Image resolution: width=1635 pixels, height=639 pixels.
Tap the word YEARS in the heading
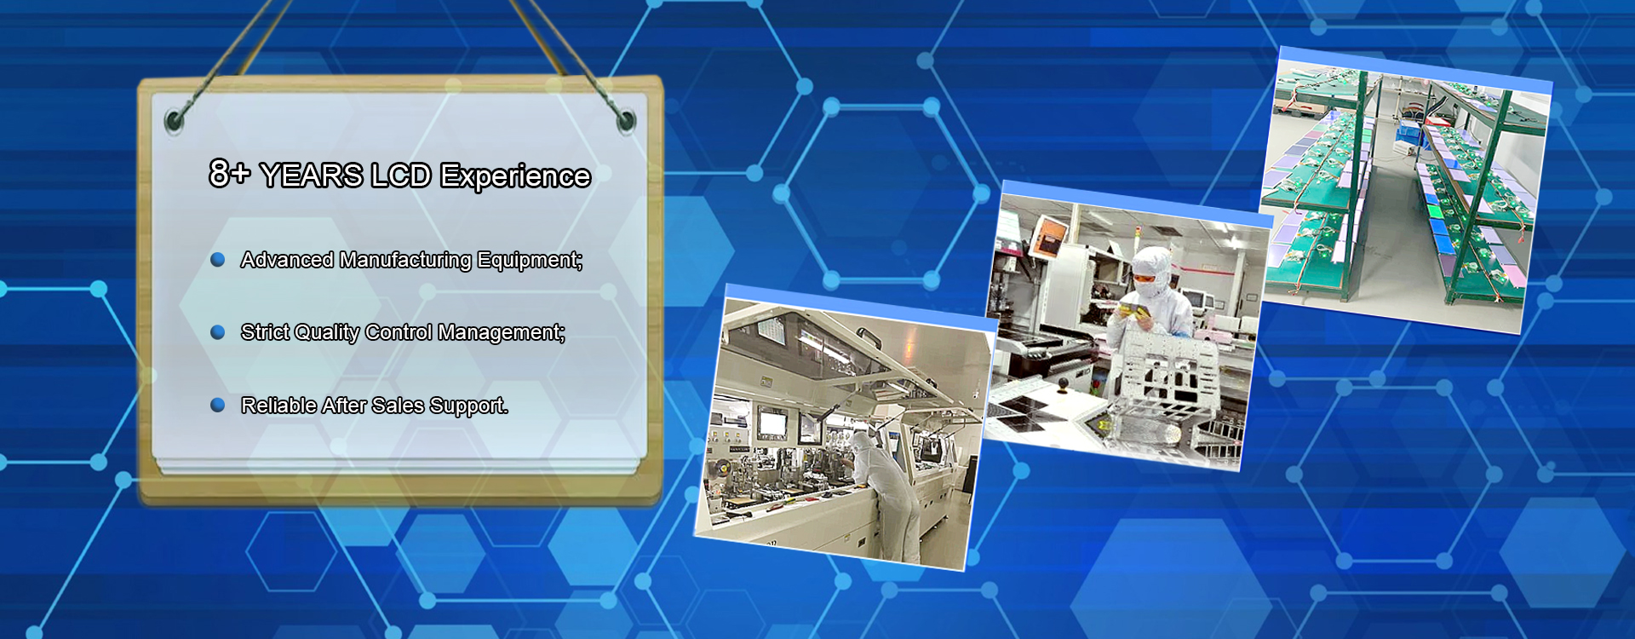tap(312, 176)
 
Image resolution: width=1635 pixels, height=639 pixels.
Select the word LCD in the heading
tap(401, 176)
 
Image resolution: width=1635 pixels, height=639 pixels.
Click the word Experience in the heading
tap(515, 177)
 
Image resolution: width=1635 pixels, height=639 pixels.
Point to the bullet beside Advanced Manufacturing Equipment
tap(218, 259)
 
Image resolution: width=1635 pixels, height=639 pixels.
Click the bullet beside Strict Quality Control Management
tap(218, 331)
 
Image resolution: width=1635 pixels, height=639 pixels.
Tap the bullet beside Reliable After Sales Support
tap(218, 405)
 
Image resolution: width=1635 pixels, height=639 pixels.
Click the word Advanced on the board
tap(287, 260)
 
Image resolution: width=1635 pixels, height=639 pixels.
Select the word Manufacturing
tap(405, 261)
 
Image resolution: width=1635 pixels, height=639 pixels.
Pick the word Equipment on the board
tap(530, 261)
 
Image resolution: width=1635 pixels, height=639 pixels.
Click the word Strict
tap(265, 332)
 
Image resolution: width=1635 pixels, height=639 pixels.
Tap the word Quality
tap(327, 333)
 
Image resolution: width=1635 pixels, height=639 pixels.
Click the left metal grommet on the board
tap(175, 120)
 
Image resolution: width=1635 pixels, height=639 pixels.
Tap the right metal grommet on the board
tap(626, 120)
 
